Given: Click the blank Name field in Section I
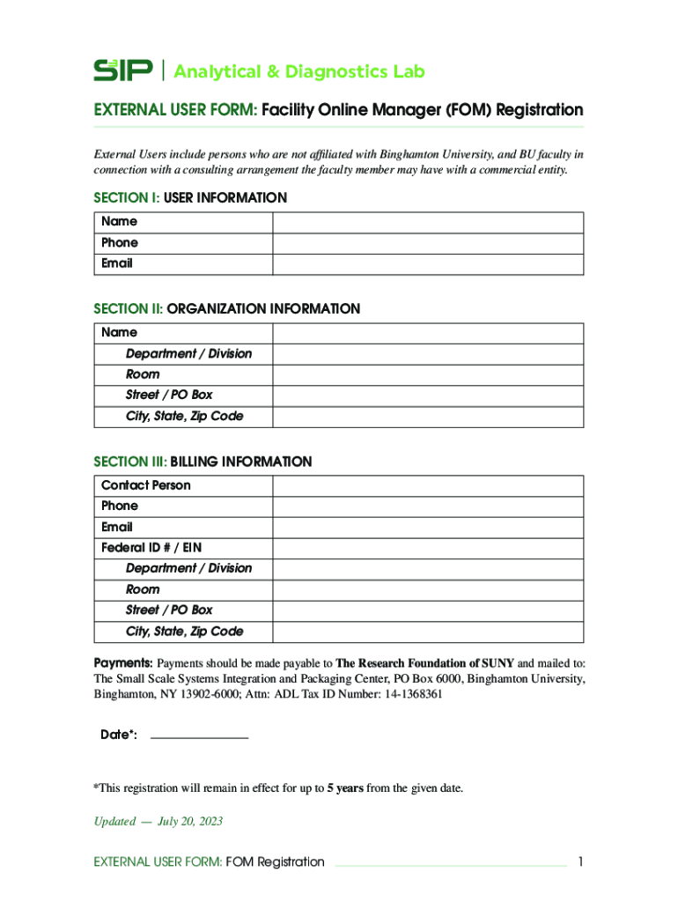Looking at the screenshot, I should (x=427, y=222).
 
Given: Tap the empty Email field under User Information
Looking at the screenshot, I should (x=427, y=264).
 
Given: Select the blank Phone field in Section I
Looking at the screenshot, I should (x=427, y=243).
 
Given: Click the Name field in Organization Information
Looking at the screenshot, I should (x=427, y=333).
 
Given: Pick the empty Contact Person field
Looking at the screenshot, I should (x=427, y=485).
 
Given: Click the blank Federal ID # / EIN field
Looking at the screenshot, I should (x=427, y=548).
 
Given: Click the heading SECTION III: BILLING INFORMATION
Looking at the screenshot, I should (x=203, y=462).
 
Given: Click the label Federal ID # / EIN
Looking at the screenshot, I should (x=151, y=548).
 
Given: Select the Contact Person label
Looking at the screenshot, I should (x=145, y=485).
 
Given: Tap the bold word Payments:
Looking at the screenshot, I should (x=123, y=662).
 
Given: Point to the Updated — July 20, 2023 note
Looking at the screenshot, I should (x=158, y=822).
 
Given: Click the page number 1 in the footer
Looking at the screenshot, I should (x=580, y=862).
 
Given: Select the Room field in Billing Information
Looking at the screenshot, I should (x=427, y=589).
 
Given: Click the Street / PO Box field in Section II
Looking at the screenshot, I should (x=427, y=396).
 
